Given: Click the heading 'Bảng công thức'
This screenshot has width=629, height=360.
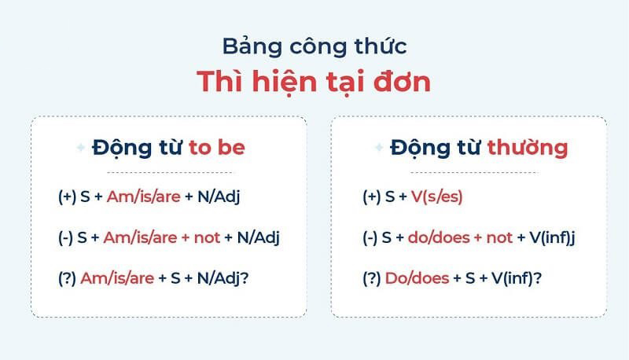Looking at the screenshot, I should coord(314,46).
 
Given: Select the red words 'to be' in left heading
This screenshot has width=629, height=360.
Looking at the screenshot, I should coord(217,147).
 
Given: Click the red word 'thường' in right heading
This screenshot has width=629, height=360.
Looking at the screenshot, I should coord(527,147).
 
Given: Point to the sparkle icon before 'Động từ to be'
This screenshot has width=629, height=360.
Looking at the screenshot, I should coord(79,148).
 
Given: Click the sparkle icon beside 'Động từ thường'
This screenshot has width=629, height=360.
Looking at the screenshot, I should coord(379,148).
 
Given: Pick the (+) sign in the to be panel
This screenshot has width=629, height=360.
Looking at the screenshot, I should coord(67,197).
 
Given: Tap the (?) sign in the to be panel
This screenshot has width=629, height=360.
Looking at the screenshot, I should coord(67,279).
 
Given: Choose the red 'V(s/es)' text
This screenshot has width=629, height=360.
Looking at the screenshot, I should coord(436,197).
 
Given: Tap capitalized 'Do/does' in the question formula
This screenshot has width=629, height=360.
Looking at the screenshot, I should coord(412,279).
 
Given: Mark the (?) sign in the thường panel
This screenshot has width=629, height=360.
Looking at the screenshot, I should coord(372,279).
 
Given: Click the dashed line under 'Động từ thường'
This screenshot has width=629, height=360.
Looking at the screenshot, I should coord(469,172).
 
